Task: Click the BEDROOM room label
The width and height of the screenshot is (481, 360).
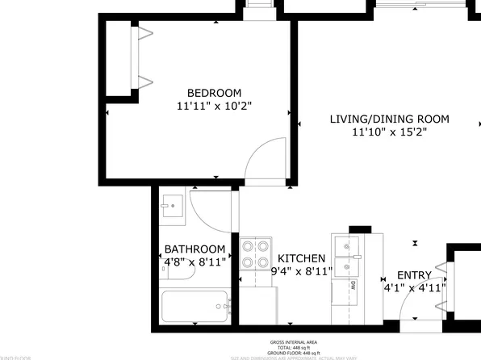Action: click(x=214, y=93)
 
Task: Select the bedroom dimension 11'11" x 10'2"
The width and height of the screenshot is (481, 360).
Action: click(x=214, y=106)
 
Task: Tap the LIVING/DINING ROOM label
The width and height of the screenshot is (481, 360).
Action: click(x=389, y=119)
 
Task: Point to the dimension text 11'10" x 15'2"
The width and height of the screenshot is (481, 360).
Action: click(x=389, y=132)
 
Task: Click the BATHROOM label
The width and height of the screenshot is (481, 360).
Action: click(x=194, y=249)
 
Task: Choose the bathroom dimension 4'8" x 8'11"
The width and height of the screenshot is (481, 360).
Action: click(x=194, y=262)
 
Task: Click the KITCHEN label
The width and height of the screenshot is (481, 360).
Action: click(x=301, y=257)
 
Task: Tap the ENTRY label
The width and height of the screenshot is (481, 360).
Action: click(x=413, y=275)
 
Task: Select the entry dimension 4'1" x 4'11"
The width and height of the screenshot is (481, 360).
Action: click(x=414, y=287)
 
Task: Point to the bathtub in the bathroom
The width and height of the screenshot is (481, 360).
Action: click(x=193, y=307)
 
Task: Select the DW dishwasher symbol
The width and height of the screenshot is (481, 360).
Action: click(x=353, y=286)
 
